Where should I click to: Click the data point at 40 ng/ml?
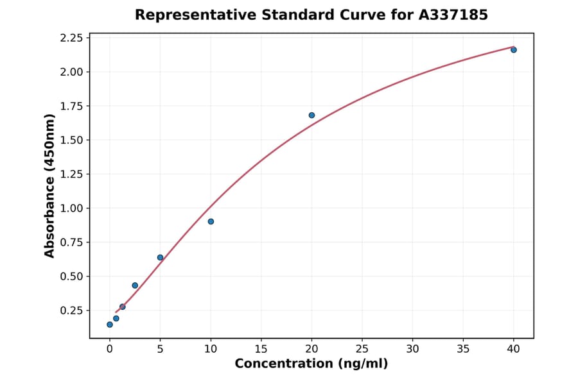(x=513, y=49)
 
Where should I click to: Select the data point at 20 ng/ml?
(x=311, y=115)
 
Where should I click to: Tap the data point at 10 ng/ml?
(x=211, y=221)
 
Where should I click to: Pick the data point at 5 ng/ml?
(x=160, y=257)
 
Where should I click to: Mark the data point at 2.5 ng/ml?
(x=135, y=285)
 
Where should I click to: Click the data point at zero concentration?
(x=110, y=325)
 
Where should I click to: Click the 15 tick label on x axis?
(x=261, y=349)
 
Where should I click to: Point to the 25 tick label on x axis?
(x=362, y=349)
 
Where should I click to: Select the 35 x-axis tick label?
(x=463, y=349)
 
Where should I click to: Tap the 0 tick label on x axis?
(x=110, y=349)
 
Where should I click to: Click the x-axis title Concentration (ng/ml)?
(x=311, y=364)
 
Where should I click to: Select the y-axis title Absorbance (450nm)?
(x=50, y=185)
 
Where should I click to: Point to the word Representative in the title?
(x=185, y=15)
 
